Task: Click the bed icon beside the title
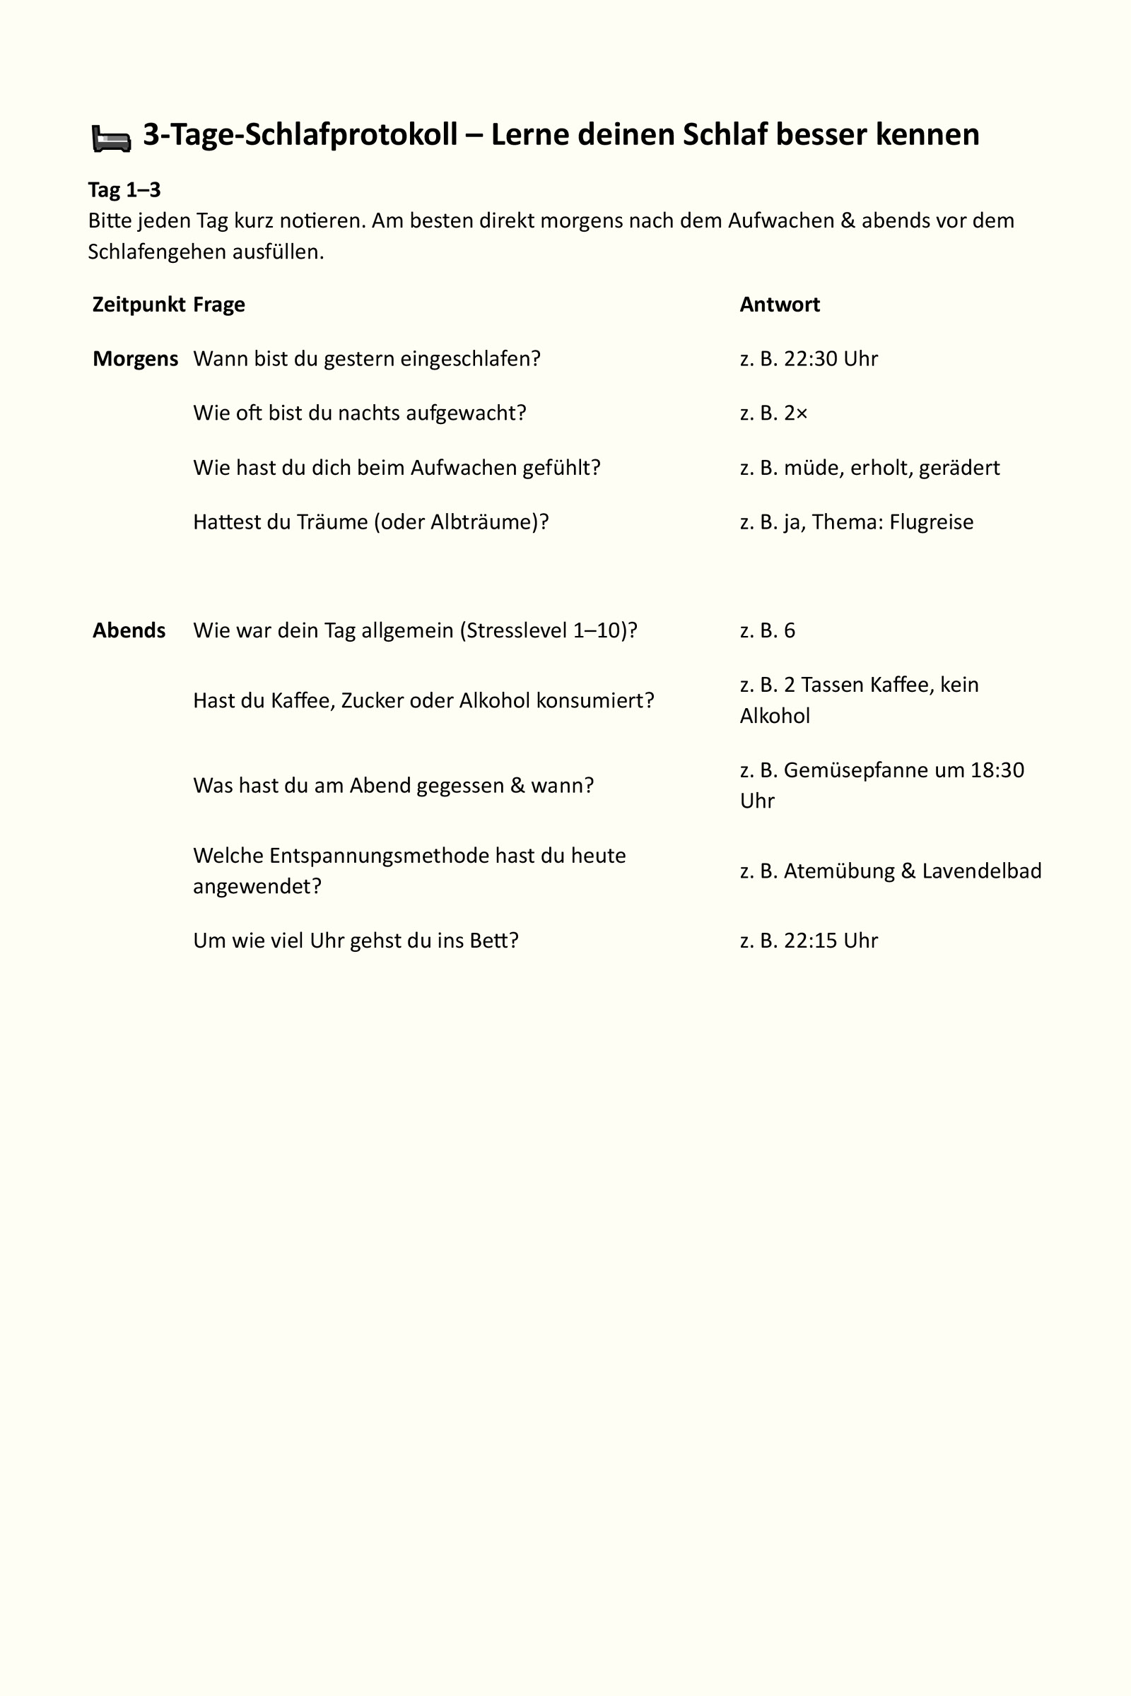pos(111,138)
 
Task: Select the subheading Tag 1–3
pos(124,189)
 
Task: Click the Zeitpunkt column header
pos(139,305)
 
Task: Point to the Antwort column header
pos(780,305)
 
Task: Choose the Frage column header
pos(219,305)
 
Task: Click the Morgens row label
pos(136,358)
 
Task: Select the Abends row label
pos(129,630)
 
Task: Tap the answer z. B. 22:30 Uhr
pos(809,358)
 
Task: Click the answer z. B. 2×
pos(774,413)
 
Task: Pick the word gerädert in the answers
pos(959,468)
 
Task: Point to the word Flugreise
pos(931,522)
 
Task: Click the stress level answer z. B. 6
pos(768,630)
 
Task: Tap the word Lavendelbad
pos(982,871)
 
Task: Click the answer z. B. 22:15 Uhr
pos(809,941)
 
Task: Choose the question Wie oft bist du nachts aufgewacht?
pos(360,413)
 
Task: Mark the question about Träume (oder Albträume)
pos(370,522)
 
